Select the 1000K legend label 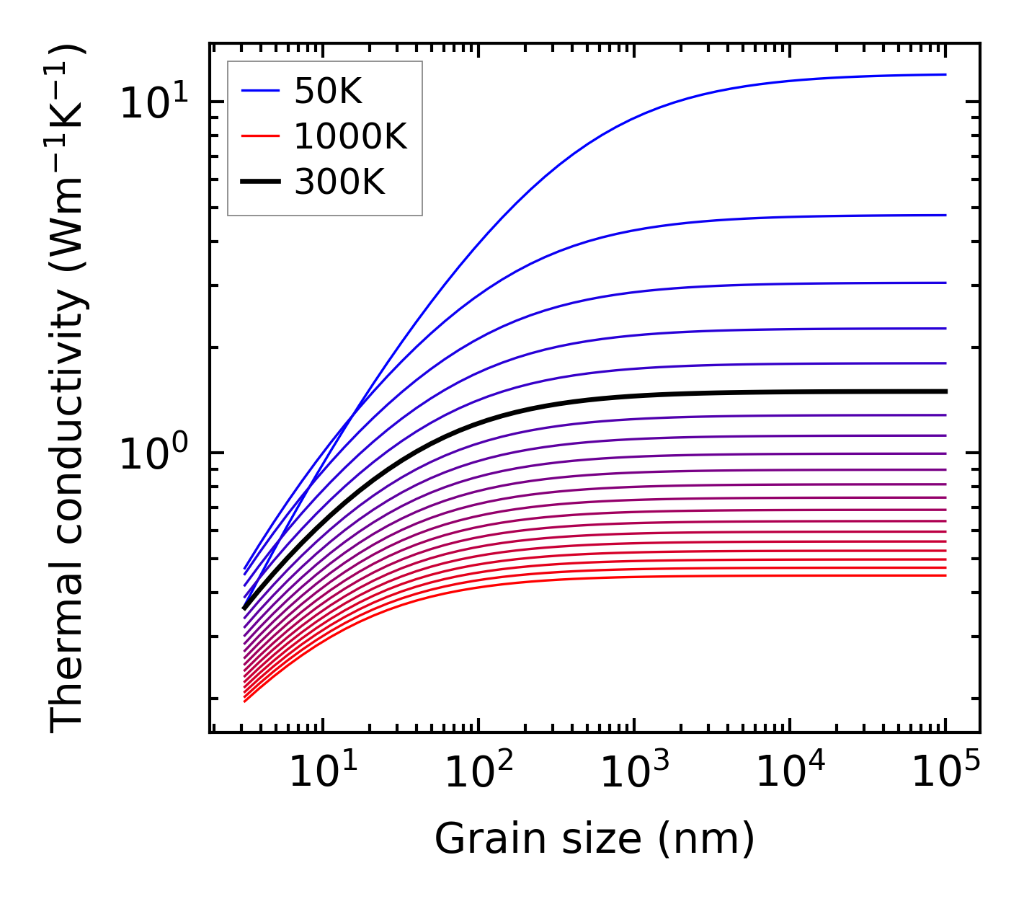click(x=350, y=136)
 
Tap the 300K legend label click(x=339, y=182)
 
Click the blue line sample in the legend click(x=260, y=91)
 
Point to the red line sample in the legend click(x=260, y=136)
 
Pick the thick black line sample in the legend click(x=260, y=182)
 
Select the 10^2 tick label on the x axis click(x=478, y=773)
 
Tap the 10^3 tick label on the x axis click(x=634, y=773)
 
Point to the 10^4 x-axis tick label click(x=790, y=773)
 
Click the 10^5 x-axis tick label click(x=945, y=773)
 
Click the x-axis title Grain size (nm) click(x=595, y=839)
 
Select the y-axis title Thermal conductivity click(x=68, y=389)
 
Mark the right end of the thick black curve click(x=945, y=391)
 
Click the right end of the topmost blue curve click(x=945, y=74)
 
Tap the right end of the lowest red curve click(x=945, y=575)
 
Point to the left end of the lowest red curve click(x=245, y=701)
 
